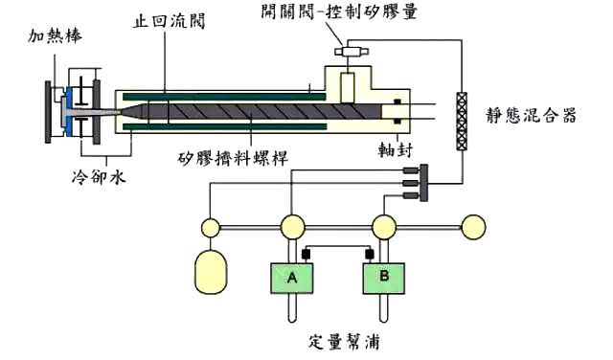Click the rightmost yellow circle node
[x=474, y=228]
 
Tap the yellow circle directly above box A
[x=292, y=228]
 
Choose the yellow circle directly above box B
[x=384, y=228]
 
